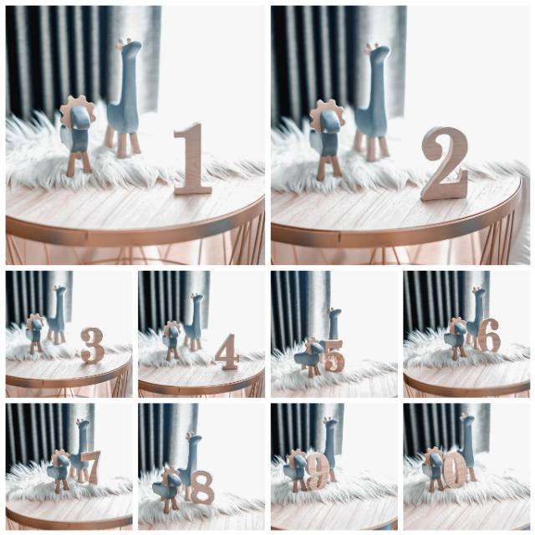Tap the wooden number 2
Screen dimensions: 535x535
444,164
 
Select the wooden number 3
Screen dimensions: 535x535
93,345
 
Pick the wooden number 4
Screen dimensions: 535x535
227,351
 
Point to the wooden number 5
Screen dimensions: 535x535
334,356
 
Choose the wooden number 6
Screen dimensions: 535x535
488,336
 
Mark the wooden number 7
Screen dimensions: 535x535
91,467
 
